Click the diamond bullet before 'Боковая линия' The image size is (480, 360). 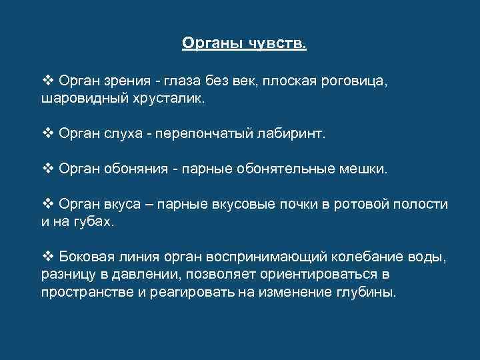(47, 257)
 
